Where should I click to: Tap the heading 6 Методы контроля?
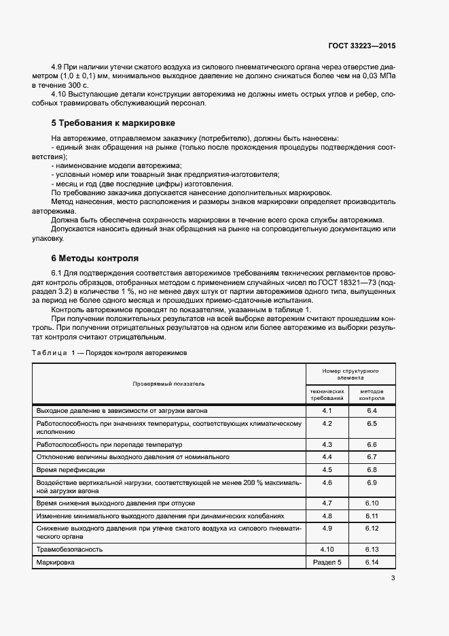(95, 258)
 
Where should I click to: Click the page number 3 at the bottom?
(393, 578)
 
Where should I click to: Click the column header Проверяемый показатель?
(169, 384)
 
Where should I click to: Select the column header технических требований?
(327, 395)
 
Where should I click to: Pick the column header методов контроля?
(372, 395)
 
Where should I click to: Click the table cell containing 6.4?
(372, 412)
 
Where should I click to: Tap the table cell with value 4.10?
(327, 549)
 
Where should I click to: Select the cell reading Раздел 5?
(327, 563)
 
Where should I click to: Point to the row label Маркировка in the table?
(56, 563)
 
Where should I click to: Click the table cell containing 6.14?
(372, 563)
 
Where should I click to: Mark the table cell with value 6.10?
(372, 503)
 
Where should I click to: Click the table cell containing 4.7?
(327, 503)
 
